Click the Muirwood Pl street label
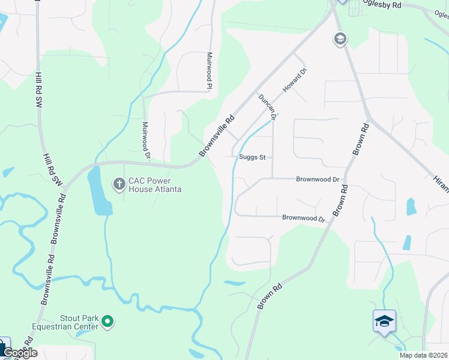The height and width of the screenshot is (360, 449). coord(210,70)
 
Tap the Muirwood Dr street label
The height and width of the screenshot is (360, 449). coord(145,140)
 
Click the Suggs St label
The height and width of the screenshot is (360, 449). coord(252,157)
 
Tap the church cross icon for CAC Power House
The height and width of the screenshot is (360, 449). coord(119,184)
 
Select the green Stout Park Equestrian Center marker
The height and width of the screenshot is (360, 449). coord(108,322)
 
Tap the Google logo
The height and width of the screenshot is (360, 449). coord(20,353)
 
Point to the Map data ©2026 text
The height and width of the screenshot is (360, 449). coord(423,355)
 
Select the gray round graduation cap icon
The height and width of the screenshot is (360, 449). coord(340,40)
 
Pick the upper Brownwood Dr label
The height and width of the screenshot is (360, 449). coord(318,179)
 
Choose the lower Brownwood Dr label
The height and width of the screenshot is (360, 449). coord(303,218)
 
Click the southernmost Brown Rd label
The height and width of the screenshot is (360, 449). coord(270,297)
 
